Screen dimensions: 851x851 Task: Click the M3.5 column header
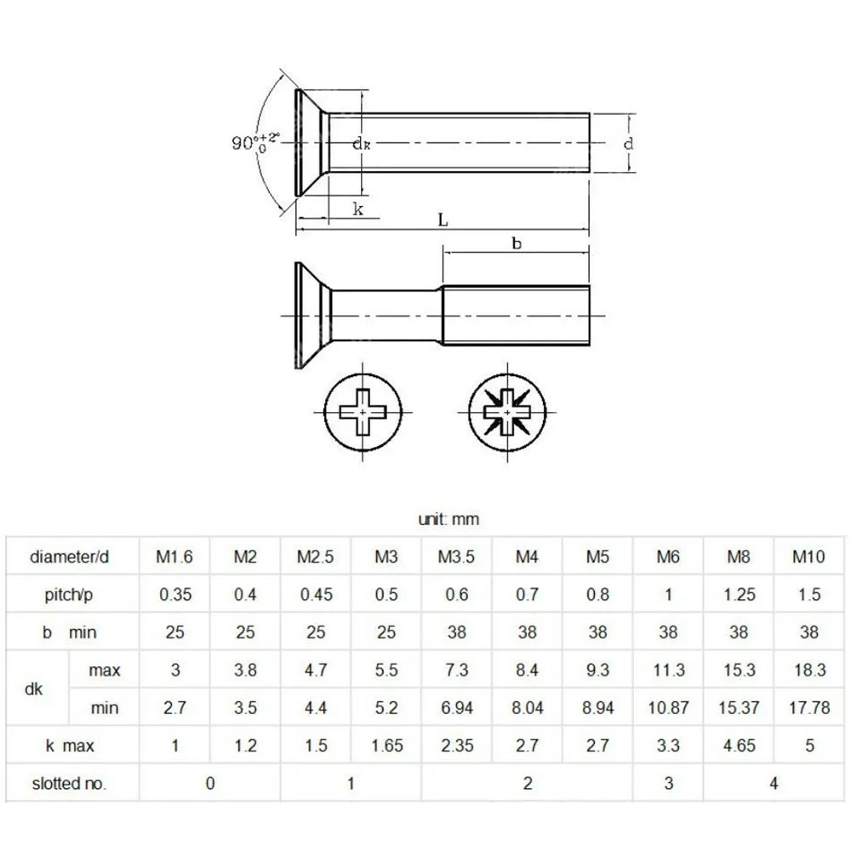pos(456,557)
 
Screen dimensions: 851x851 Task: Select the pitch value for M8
pos(739,594)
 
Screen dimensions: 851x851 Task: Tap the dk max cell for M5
pos(597,670)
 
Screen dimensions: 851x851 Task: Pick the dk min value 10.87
pos(668,708)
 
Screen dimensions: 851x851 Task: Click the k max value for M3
pos(386,745)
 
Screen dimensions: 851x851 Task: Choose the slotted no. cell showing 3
pos(668,783)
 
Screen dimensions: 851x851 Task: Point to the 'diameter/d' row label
pos(70,557)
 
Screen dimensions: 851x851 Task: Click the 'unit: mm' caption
pos(448,519)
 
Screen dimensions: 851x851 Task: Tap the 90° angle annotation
pos(255,141)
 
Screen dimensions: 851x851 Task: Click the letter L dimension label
pos(443,220)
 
